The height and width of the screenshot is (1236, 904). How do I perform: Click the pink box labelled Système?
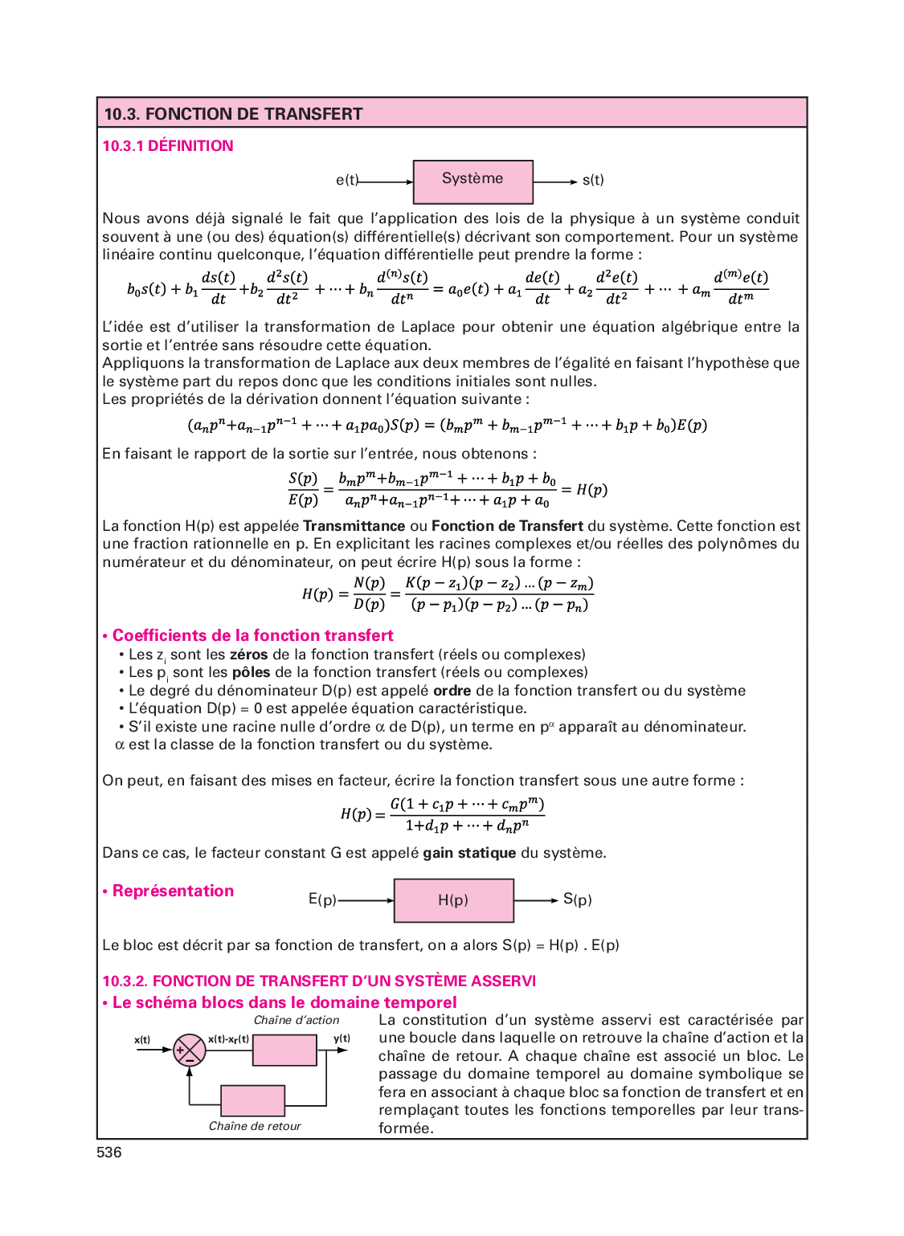[472, 182]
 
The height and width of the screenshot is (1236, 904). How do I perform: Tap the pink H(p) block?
[453, 900]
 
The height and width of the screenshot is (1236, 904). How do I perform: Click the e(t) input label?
[346, 181]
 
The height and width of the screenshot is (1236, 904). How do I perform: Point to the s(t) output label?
[593, 181]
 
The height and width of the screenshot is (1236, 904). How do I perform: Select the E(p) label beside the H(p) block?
[322, 899]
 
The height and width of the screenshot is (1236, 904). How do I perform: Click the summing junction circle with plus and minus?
[189, 1050]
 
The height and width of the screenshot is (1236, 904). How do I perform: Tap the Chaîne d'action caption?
[297, 1020]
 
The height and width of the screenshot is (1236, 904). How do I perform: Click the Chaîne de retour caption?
[255, 1126]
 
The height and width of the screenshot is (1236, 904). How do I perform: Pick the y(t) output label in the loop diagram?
[342, 1038]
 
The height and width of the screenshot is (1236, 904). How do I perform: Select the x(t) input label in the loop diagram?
[142, 1040]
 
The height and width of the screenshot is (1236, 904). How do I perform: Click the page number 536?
[109, 1152]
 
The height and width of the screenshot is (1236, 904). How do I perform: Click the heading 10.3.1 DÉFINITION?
[168, 146]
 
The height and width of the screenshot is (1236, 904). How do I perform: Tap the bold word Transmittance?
[354, 526]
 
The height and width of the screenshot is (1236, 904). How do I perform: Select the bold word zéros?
[248, 655]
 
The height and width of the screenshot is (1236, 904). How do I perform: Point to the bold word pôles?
[251, 672]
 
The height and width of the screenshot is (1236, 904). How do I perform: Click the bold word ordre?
[452, 691]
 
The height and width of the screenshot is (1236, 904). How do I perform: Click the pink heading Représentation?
[173, 891]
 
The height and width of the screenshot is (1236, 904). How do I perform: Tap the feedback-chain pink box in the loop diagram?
[252, 1100]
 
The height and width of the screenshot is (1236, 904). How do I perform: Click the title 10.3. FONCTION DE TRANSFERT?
[234, 114]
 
